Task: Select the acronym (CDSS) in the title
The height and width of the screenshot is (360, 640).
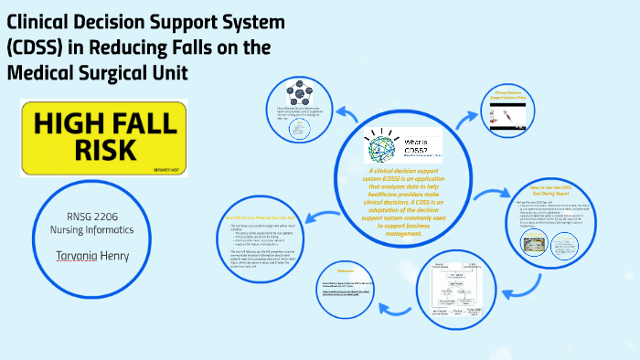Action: (37, 48)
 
